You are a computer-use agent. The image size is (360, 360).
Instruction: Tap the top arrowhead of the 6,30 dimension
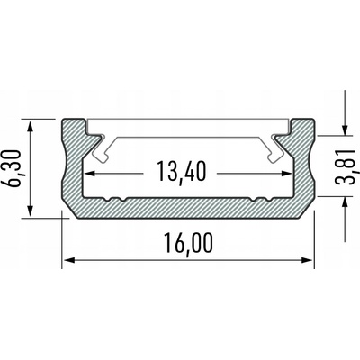click(x=31, y=123)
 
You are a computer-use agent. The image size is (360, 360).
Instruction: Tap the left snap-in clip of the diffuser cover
click(x=99, y=144)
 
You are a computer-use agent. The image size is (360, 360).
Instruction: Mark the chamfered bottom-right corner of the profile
click(x=310, y=213)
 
